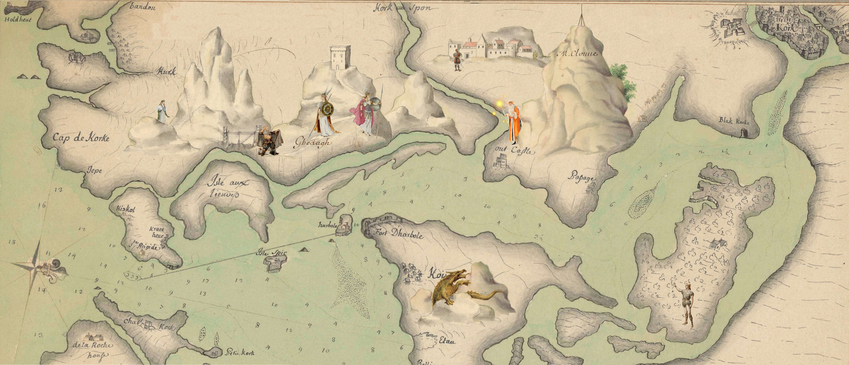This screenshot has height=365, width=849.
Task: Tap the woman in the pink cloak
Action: click(x=367, y=116)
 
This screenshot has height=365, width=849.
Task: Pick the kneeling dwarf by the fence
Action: click(x=269, y=142)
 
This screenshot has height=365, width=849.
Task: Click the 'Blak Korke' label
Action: click(x=734, y=121)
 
